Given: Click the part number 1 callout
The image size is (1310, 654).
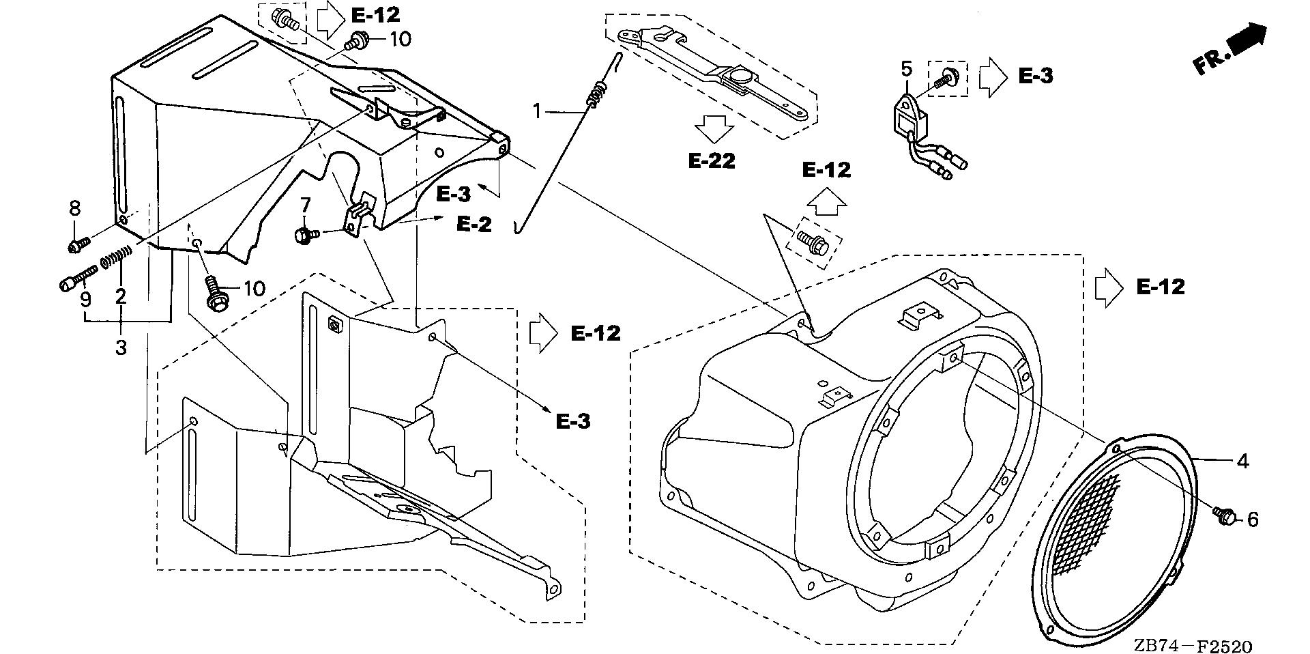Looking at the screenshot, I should coord(538,110).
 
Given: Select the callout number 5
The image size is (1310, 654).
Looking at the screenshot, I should coord(906,69).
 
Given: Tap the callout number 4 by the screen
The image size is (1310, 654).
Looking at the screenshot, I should coord(1242,462).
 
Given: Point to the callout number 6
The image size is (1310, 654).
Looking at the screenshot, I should coord(1253,520).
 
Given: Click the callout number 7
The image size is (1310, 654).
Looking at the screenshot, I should coord(305,204).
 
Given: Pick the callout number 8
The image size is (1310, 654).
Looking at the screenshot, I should coord(75,208).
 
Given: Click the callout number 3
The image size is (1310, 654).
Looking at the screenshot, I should coord(121,347).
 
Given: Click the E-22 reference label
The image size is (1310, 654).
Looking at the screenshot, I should coord(712,161).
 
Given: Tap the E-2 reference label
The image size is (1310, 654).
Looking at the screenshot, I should coord(474,224).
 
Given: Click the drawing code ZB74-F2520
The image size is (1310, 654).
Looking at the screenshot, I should coord(1193,644).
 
